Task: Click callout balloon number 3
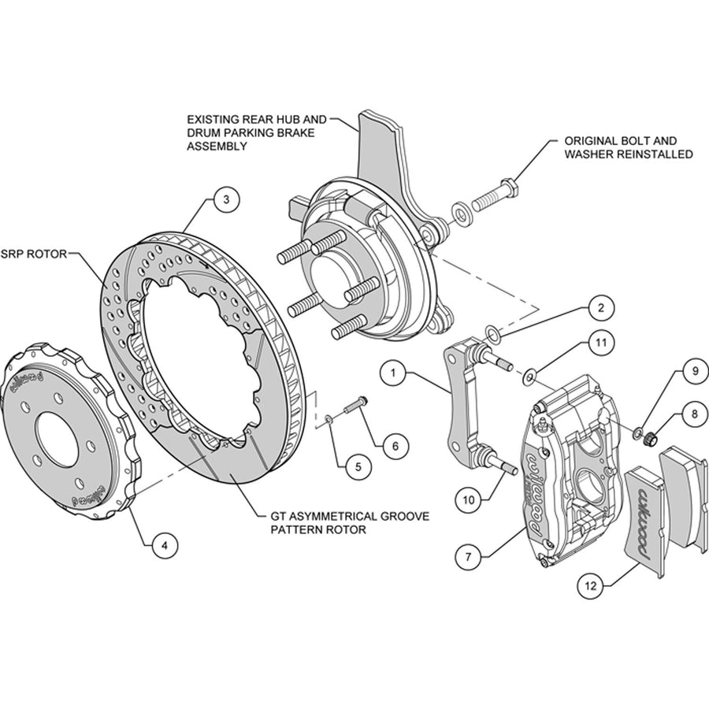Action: pyautogui.click(x=227, y=199)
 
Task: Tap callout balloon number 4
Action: pyautogui.click(x=165, y=546)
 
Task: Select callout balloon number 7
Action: pyautogui.click(x=469, y=557)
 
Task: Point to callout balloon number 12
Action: pyautogui.click(x=591, y=586)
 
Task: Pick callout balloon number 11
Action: pyautogui.click(x=601, y=343)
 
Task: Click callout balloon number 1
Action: pyautogui.click(x=393, y=373)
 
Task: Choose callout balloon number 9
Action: pyautogui.click(x=696, y=371)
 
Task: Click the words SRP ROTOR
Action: pyautogui.click(x=34, y=254)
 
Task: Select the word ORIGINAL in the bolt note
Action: pyautogui.click(x=589, y=141)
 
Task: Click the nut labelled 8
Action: pyautogui.click(x=650, y=437)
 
